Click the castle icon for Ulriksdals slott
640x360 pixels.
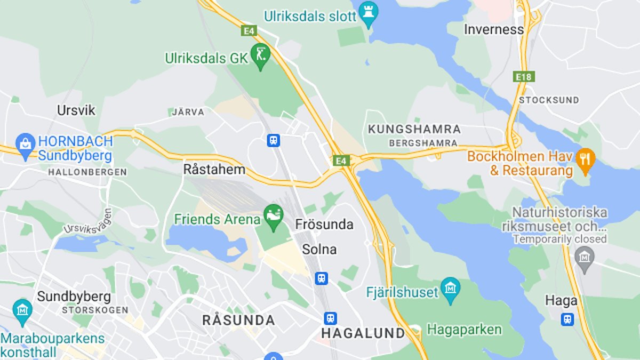pos(369,13)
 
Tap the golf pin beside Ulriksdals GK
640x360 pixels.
pos(260,56)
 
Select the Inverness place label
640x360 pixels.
pos(494,29)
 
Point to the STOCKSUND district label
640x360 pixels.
pos(549,100)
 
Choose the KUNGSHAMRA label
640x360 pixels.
pos(414,129)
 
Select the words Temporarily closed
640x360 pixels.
pos(559,239)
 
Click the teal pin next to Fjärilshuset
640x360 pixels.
pos(451,290)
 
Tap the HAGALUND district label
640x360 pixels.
pos(363,333)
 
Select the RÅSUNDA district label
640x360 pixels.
pos(238,320)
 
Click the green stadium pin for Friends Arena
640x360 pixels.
pos(274,217)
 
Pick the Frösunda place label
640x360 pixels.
pos(324,225)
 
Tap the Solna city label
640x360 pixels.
pos(319,249)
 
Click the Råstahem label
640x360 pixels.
pos(214,170)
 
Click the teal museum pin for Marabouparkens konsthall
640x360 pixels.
pos(22,311)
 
